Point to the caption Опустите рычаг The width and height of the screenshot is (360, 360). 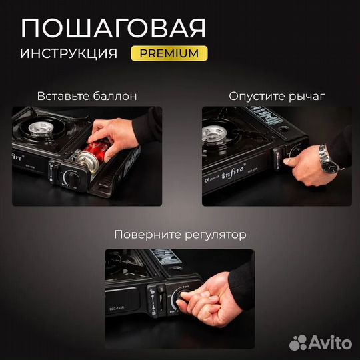point(273,96)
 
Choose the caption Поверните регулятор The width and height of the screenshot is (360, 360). point(179,235)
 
